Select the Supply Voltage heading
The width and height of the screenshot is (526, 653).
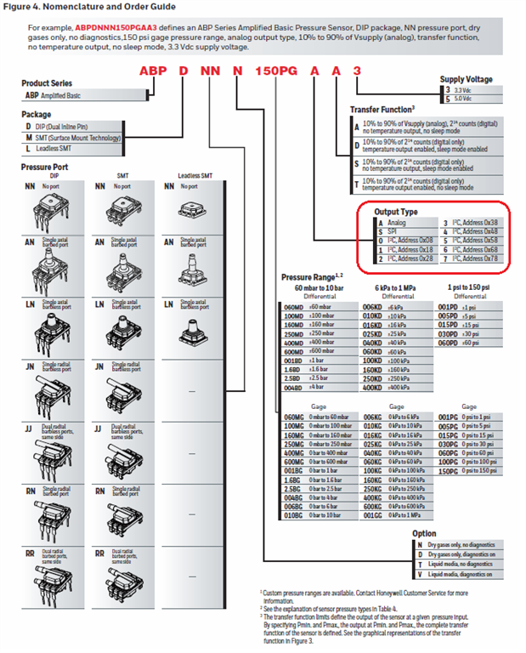click(466, 79)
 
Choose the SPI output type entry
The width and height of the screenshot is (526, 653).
click(392, 231)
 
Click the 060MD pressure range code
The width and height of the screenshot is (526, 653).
click(294, 306)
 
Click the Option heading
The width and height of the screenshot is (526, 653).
click(423, 533)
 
